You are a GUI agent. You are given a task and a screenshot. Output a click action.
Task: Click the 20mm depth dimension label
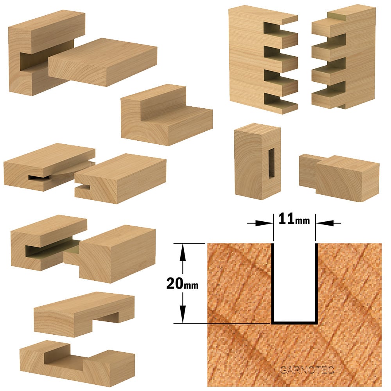(182, 283)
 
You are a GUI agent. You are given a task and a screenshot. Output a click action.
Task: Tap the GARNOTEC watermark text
(307, 370)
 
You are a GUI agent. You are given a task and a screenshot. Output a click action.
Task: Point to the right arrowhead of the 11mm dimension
(325, 223)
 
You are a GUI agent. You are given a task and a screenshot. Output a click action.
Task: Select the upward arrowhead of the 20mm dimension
(183, 252)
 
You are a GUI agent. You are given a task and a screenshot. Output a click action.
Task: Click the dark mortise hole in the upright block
(271, 163)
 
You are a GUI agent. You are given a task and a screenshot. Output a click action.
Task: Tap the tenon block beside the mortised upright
(339, 176)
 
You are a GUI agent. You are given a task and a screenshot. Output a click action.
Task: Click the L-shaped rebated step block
(166, 115)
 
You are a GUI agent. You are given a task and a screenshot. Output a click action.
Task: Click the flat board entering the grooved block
(102, 62)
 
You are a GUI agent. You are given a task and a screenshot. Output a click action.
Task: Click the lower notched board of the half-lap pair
(77, 363)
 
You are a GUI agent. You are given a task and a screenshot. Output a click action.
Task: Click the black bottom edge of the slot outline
(295, 323)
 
